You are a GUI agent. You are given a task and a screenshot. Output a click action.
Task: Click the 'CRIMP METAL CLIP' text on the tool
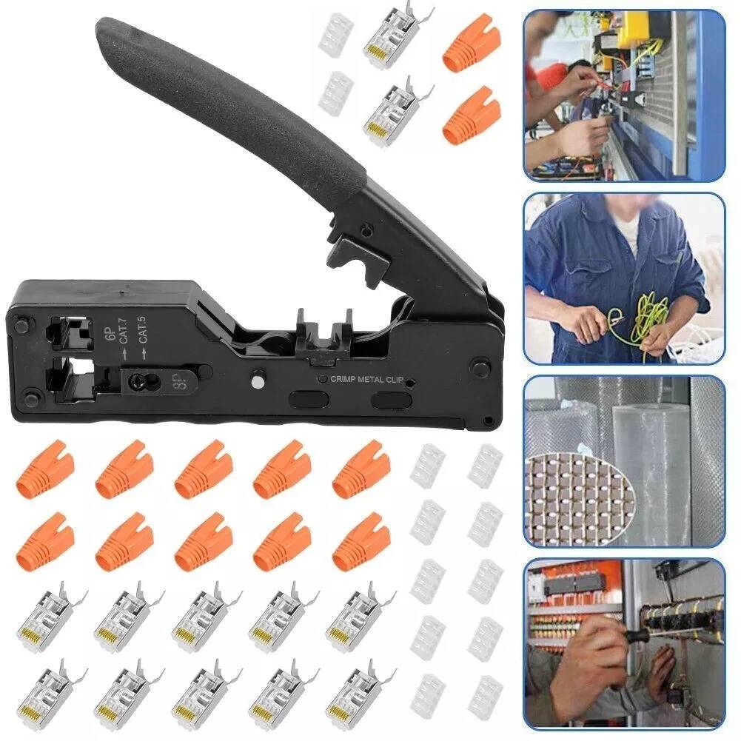pyautogui.click(x=366, y=379)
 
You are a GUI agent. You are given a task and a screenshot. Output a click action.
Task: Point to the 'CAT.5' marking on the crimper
pyautogui.click(x=143, y=329)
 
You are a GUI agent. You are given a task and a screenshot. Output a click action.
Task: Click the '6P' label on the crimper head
pyautogui.click(x=111, y=333)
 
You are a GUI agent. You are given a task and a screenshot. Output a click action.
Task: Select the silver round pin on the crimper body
pyautogui.click(x=257, y=381)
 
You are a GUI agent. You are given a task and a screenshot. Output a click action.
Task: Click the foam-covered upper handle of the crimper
pyautogui.click(x=227, y=101)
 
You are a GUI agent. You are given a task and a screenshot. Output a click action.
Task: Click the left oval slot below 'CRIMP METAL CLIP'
pyautogui.click(x=309, y=399)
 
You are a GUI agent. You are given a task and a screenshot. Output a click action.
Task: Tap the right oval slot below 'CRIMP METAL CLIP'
pyautogui.click(x=392, y=400)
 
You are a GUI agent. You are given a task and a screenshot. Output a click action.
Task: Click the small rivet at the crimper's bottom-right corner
pyautogui.click(x=488, y=420)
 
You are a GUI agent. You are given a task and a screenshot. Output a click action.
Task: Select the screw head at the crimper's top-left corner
pyautogui.click(x=20, y=325)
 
